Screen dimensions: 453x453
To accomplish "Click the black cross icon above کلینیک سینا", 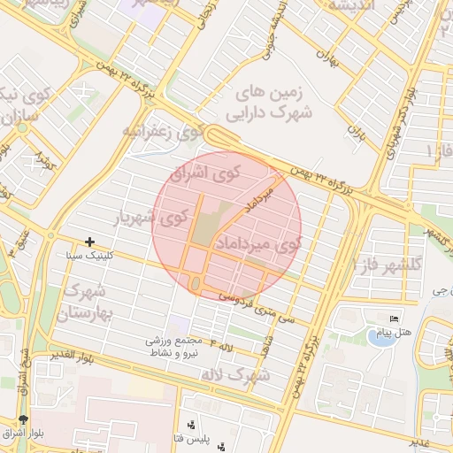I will (89, 241).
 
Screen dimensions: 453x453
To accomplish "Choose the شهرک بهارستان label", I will (84, 301).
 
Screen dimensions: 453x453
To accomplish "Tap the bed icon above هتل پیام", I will (395, 319).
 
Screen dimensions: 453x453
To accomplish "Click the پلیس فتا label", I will (189, 437).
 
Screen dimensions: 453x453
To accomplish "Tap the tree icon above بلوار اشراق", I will (22, 419).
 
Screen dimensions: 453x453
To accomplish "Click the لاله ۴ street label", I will (221, 342).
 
